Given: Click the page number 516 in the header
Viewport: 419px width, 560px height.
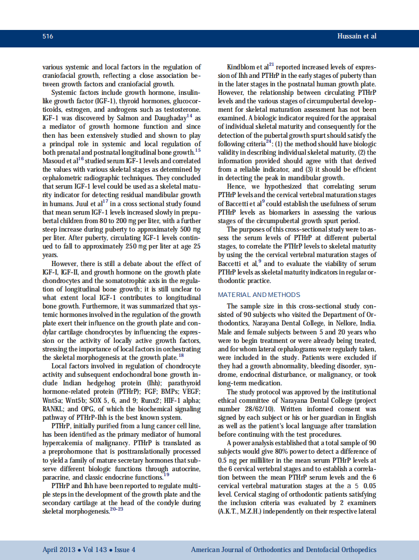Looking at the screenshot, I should pos(48,36).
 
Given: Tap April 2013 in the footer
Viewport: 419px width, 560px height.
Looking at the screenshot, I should pos(58,550).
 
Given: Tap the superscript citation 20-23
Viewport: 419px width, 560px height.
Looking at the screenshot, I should pos(117,509).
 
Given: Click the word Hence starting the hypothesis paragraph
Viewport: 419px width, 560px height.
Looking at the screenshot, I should pos(236,186).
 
